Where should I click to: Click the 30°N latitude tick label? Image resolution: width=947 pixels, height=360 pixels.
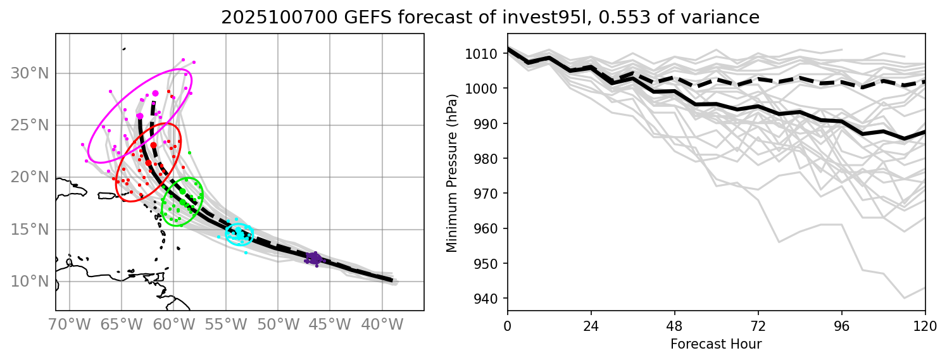[x=29, y=73]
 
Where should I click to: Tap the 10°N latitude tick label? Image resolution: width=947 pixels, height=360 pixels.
[x=29, y=281]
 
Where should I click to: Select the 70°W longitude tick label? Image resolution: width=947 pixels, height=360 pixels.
[x=69, y=326]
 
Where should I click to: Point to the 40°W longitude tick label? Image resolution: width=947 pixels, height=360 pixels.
[x=382, y=326]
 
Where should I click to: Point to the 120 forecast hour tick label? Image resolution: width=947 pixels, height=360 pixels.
[x=925, y=327]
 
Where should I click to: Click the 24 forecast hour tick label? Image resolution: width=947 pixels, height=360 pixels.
[x=591, y=327]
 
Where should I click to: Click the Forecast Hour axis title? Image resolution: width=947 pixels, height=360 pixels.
[x=716, y=344]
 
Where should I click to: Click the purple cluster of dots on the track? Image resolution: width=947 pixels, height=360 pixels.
[x=314, y=258]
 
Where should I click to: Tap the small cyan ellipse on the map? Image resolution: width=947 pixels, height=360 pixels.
[x=239, y=233]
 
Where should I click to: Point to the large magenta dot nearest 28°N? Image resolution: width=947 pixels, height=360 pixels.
[x=155, y=94]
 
